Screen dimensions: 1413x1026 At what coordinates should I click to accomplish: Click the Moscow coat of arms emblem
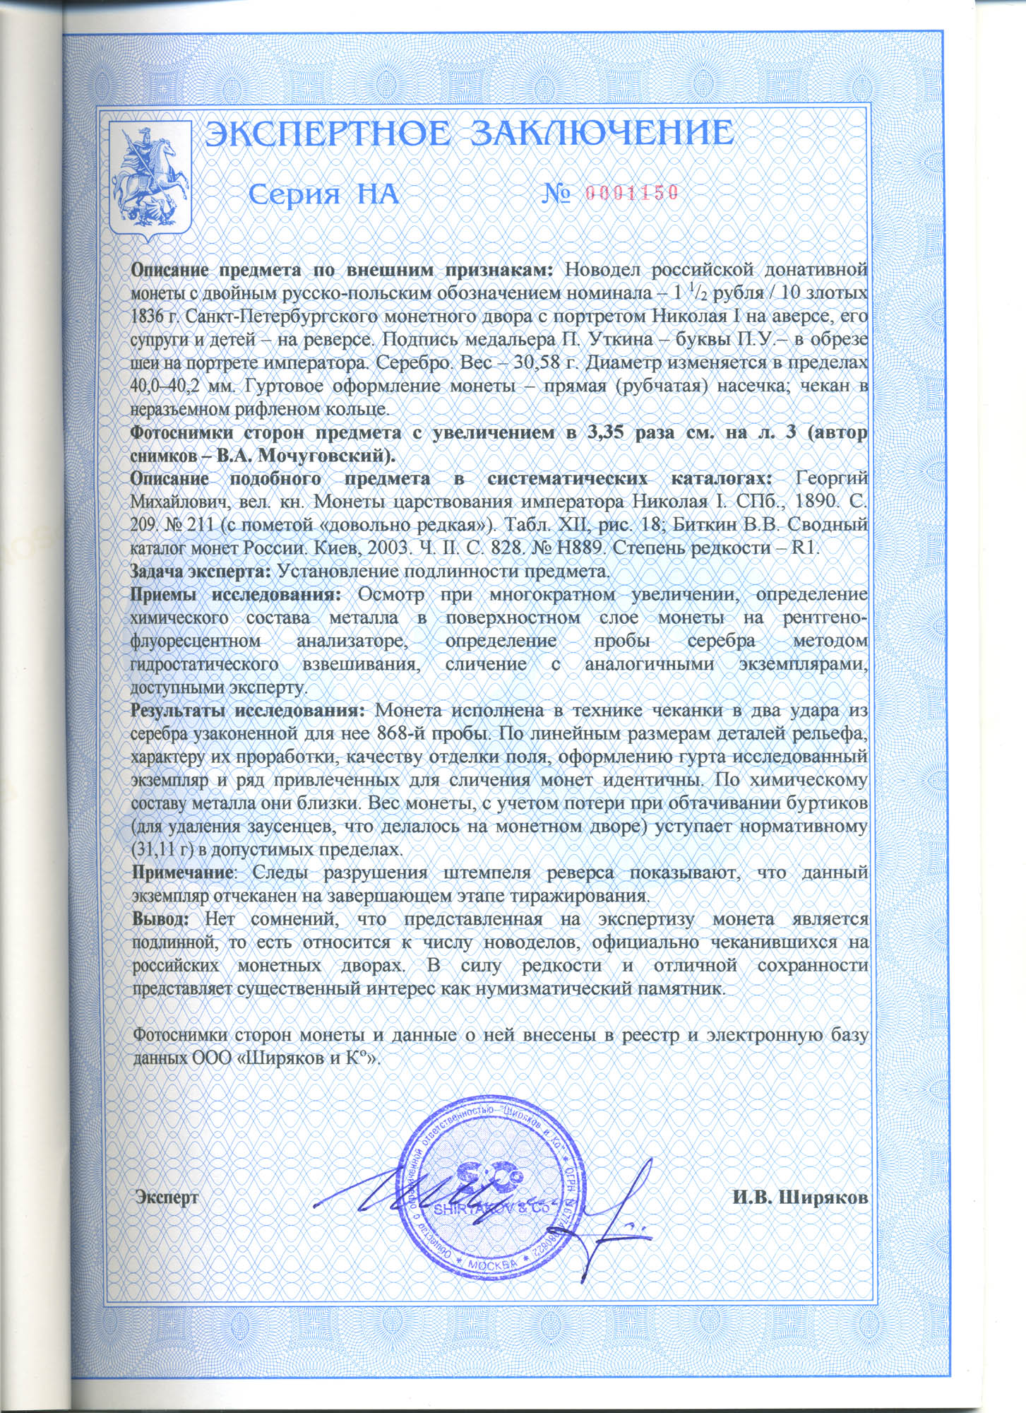pos(151,180)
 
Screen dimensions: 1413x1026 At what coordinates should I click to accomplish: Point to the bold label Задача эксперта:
pos(202,571)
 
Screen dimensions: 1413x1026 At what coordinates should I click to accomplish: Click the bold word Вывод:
pos(161,918)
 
